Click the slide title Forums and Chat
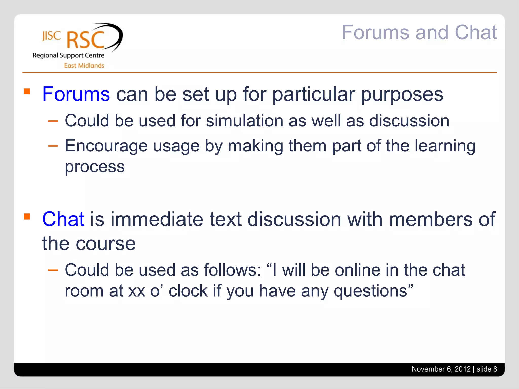tap(419, 32)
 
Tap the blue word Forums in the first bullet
tap(76, 94)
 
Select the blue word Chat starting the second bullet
tap(63, 219)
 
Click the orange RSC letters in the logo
tap(85, 40)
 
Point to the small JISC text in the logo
tap(51, 36)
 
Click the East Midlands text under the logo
tap(84, 66)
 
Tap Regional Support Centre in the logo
tap(68, 55)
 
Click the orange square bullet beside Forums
tap(27, 91)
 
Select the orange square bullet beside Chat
tap(27, 217)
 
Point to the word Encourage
tap(106, 146)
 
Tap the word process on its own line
tap(95, 167)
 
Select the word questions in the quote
tap(370, 291)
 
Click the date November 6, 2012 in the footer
tap(441, 369)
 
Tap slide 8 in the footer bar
tap(487, 369)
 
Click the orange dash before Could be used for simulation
tap(53, 121)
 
